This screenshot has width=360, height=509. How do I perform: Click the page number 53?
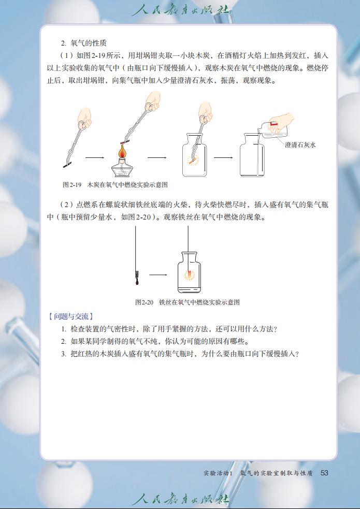[325, 472]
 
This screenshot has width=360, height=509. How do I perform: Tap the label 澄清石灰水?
[300, 145]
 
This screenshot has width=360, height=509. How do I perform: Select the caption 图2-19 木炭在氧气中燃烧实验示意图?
[115, 184]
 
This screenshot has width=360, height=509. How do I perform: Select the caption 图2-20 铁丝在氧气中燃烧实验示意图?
[187, 302]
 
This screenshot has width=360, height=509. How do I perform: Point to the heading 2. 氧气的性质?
[83, 42]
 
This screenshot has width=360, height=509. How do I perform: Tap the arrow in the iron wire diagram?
[158, 275]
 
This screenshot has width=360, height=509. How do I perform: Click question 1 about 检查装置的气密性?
[169, 329]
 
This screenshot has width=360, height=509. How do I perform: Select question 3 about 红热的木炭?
[180, 354]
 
